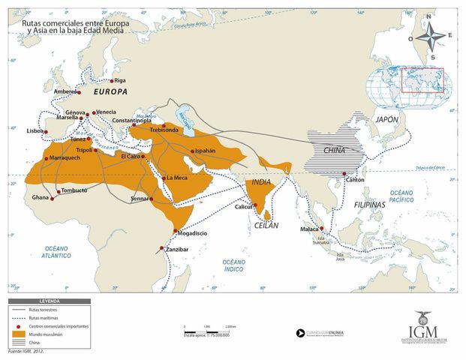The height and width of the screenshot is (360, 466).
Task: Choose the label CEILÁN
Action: point(266,225)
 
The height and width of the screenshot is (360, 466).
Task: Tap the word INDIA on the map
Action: point(261,182)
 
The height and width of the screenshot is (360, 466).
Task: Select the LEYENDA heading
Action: point(50,301)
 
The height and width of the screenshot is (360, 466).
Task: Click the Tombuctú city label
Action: point(74,190)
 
